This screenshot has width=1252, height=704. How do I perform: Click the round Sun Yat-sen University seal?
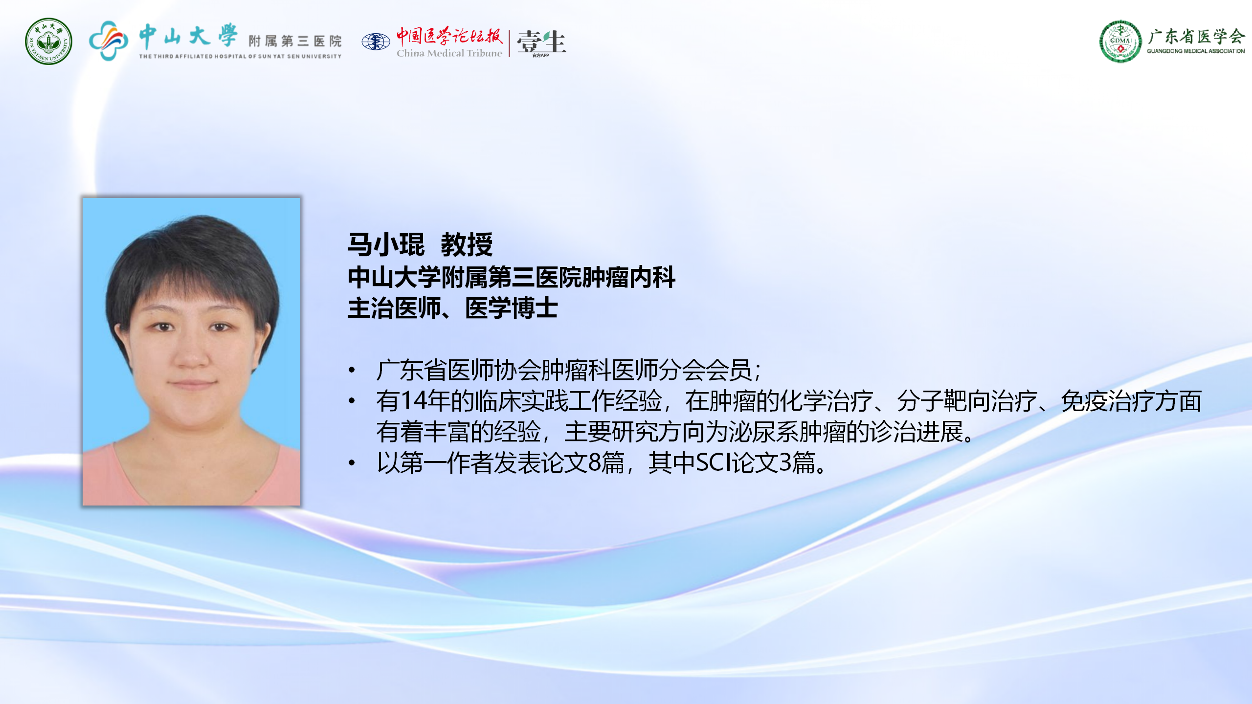click(x=48, y=42)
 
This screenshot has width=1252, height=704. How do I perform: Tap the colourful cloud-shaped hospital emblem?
click(x=109, y=41)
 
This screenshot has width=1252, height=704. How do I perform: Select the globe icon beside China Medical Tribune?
click(x=376, y=42)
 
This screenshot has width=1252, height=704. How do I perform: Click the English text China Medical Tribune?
click(x=449, y=53)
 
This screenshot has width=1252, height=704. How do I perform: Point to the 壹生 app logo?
click(x=541, y=43)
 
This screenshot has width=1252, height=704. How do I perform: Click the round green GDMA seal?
click(x=1120, y=42)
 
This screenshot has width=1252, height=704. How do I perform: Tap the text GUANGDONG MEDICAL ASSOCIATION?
click(x=1196, y=51)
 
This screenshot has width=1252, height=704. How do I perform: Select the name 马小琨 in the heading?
click(x=386, y=244)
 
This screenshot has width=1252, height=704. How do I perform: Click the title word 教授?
click(x=467, y=244)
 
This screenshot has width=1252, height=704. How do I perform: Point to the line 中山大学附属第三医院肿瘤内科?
click(x=512, y=277)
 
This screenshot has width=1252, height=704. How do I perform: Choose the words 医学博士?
click(x=512, y=308)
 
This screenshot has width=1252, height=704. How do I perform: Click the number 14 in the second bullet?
click(x=414, y=400)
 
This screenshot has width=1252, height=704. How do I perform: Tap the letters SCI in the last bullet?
click(x=714, y=462)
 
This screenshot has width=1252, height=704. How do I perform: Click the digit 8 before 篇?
click(x=595, y=462)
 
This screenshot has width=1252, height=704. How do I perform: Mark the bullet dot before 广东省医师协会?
click(x=352, y=370)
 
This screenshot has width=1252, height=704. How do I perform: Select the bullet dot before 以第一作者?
click(x=352, y=462)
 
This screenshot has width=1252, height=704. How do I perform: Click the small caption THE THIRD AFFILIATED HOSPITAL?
click(x=240, y=56)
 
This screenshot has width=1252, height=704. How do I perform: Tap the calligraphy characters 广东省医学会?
click(x=1196, y=36)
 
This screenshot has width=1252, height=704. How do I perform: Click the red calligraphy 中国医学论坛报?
click(x=449, y=35)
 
